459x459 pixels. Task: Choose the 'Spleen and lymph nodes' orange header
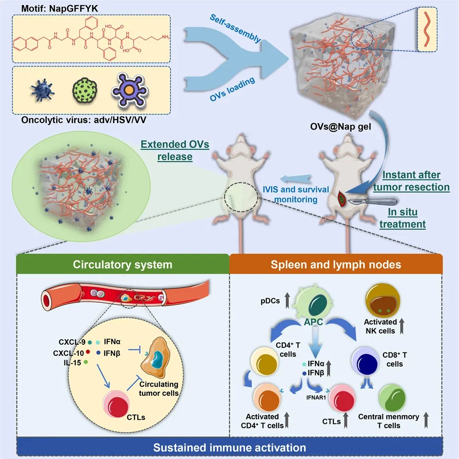click(335, 265)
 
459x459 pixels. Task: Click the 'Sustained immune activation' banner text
click(229, 447)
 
